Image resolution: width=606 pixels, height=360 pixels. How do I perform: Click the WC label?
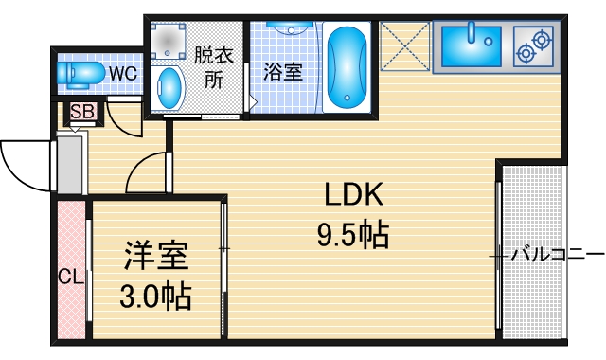click(x=122, y=71)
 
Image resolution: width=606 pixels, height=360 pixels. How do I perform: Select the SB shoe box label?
click(x=82, y=112)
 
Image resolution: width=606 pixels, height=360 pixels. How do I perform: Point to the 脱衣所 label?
click(x=211, y=68)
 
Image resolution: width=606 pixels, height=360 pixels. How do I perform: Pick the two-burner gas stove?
click(x=533, y=46)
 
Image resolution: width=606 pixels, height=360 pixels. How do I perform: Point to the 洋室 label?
click(x=156, y=258)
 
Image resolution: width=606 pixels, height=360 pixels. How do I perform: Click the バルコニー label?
click(x=557, y=254)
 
